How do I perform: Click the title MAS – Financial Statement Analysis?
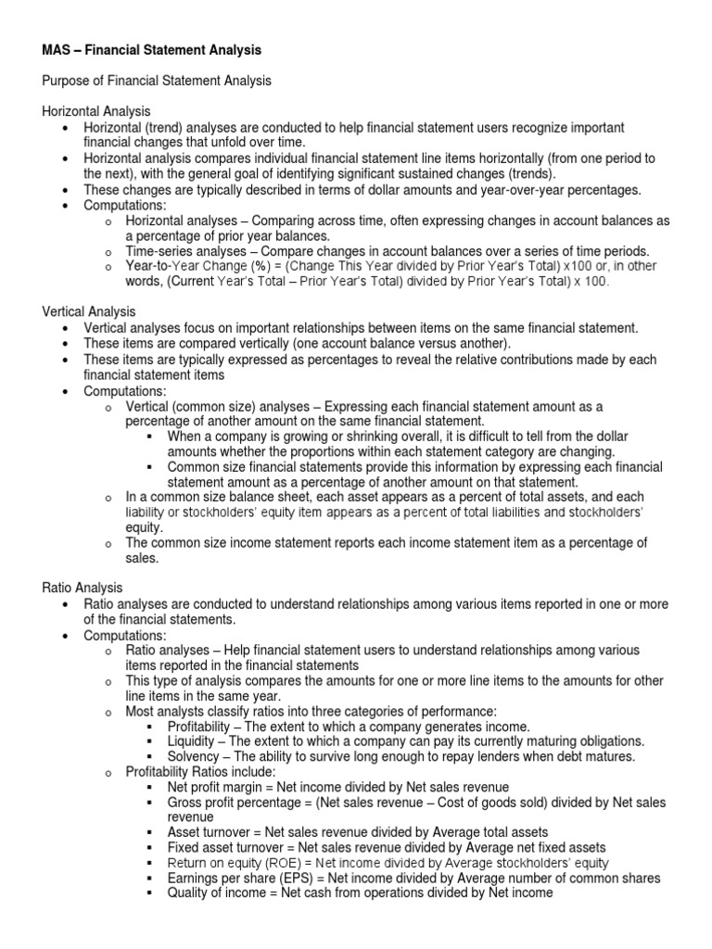152,49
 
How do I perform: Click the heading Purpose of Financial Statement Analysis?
157,81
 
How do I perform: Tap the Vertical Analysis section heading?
89,312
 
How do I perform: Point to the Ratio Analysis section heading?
83,588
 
